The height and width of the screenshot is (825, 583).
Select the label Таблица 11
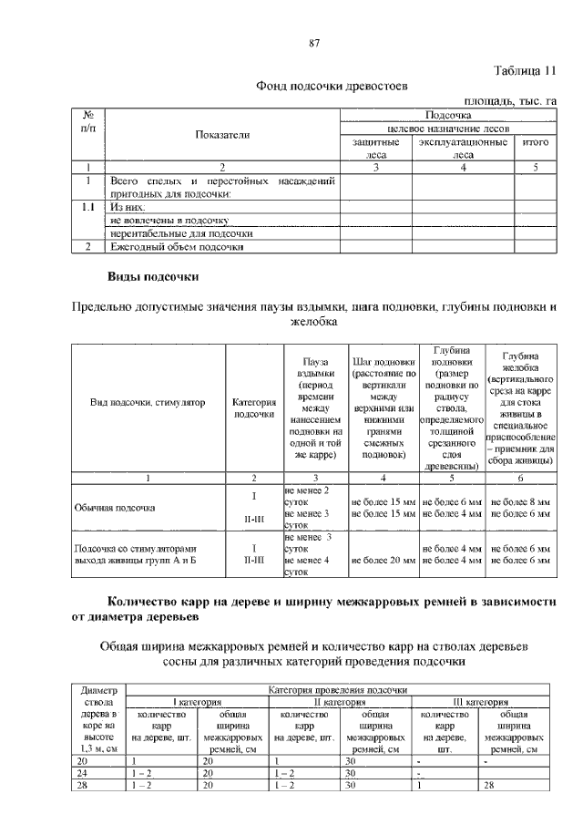524,71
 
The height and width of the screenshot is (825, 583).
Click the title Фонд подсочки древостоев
332,87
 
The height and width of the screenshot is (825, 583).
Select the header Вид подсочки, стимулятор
148,402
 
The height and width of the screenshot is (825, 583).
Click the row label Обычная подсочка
115,508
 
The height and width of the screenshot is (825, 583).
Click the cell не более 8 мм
520,502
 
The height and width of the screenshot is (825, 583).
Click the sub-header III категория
483,702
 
